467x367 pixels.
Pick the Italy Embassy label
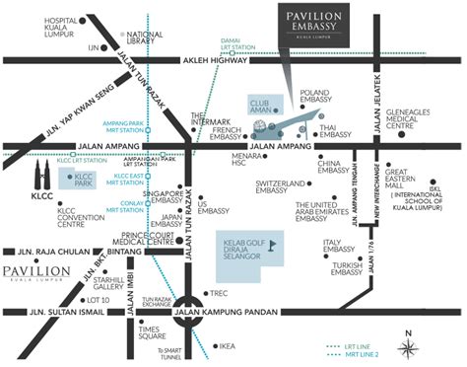[347, 248]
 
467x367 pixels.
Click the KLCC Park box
[79, 180]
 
